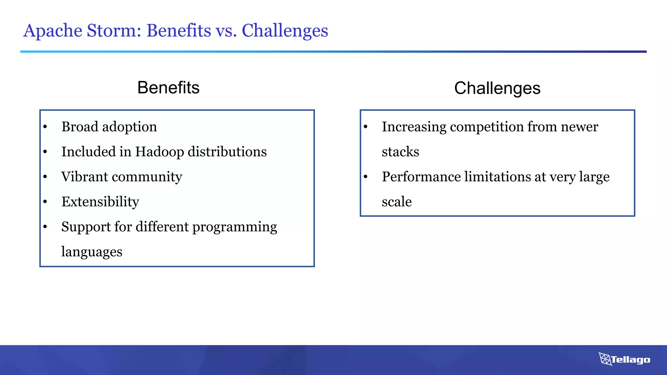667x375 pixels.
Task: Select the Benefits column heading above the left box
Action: (x=168, y=88)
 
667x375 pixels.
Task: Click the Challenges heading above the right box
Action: (x=497, y=88)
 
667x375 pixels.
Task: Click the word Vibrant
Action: (x=85, y=177)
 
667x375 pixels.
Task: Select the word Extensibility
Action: (x=100, y=202)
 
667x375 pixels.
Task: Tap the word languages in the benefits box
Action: (x=92, y=252)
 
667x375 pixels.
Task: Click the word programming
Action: (x=234, y=227)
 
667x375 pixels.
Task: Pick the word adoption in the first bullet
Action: (x=130, y=127)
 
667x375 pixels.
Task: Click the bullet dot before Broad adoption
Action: (x=45, y=127)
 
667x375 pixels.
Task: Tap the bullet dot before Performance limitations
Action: (x=365, y=177)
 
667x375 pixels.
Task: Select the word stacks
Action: (x=400, y=152)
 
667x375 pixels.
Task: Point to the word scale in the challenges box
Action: (x=397, y=202)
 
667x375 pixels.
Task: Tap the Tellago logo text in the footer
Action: (x=630, y=360)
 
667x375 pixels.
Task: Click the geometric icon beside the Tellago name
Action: (x=605, y=359)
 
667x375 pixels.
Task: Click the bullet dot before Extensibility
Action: (x=45, y=202)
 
